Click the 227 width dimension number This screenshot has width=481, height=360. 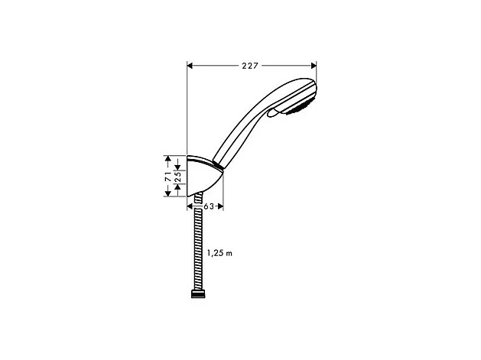pos(251,66)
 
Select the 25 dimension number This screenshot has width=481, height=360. pos(177,177)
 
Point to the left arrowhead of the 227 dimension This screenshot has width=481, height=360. pos(190,66)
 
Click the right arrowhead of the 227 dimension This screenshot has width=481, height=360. pos(313,66)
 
